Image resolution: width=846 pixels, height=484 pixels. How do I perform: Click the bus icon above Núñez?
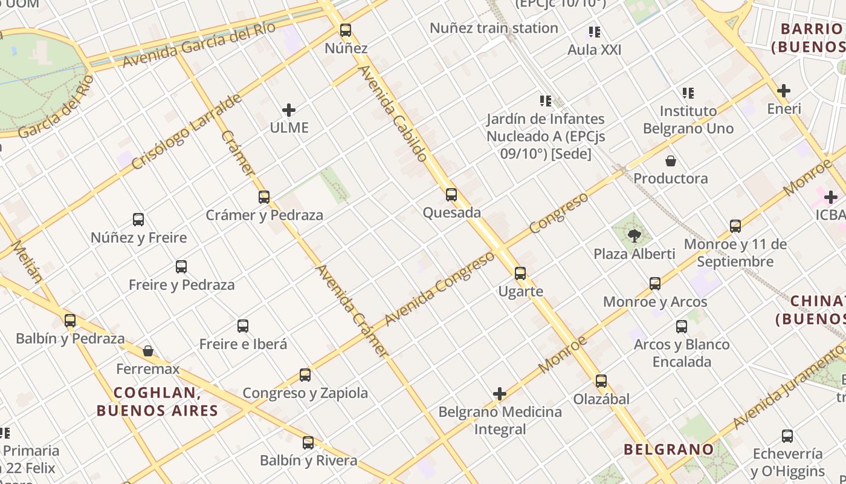(x=346, y=30)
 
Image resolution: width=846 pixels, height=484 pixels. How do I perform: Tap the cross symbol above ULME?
(x=289, y=110)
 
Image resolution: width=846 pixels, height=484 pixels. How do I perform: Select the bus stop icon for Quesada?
(x=451, y=195)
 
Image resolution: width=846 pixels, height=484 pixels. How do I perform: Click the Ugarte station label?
(x=520, y=291)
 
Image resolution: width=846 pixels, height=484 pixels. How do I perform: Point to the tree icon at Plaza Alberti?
(x=634, y=235)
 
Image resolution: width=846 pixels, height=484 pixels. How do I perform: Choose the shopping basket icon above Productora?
(x=670, y=161)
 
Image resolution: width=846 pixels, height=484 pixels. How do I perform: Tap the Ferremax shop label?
(x=148, y=368)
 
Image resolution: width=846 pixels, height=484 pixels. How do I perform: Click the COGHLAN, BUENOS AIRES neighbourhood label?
(x=157, y=402)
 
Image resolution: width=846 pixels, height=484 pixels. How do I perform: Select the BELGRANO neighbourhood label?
(x=668, y=449)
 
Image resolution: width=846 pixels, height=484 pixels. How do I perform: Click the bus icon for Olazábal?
(x=601, y=381)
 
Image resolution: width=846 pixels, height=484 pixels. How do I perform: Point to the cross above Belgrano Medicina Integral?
(x=500, y=394)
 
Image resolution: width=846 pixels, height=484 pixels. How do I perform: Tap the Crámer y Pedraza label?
(x=264, y=215)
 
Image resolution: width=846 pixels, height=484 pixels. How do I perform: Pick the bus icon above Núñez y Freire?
(x=138, y=220)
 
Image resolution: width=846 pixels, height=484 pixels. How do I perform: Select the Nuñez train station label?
(x=493, y=28)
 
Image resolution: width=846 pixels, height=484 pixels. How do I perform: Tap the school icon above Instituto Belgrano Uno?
(x=688, y=93)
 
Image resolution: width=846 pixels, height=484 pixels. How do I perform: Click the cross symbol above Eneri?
(x=784, y=91)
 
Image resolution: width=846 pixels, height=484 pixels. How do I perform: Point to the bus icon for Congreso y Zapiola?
(x=305, y=375)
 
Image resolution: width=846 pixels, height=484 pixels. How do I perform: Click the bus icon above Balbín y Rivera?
(x=308, y=443)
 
